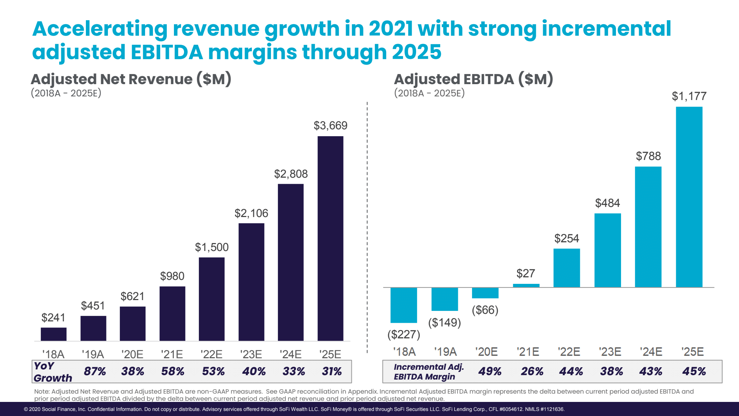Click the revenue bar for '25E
[x=330, y=238]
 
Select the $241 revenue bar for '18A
[x=53, y=334]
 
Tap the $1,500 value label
[x=212, y=247]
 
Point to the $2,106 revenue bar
[x=251, y=282]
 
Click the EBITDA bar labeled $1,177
[x=689, y=197]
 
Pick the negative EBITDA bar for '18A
[x=403, y=305]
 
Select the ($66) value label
[x=485, y=310]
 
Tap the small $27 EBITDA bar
[x=526, y=286]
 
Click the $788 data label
[x=648, y=156]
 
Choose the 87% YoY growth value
[x=95, y=371]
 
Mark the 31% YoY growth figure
[x=332, y=371]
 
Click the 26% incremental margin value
[x=532, y=371]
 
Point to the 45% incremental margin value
[x=694, y=371]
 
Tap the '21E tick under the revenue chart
[x=172, y=354]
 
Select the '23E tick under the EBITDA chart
[x=610, y=352]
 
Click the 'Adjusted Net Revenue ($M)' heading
[x=131, y=79]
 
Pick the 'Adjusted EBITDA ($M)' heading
[x=473, y=79]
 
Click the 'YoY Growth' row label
[x=53, y=372]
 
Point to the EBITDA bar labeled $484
[x=608, y=250]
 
